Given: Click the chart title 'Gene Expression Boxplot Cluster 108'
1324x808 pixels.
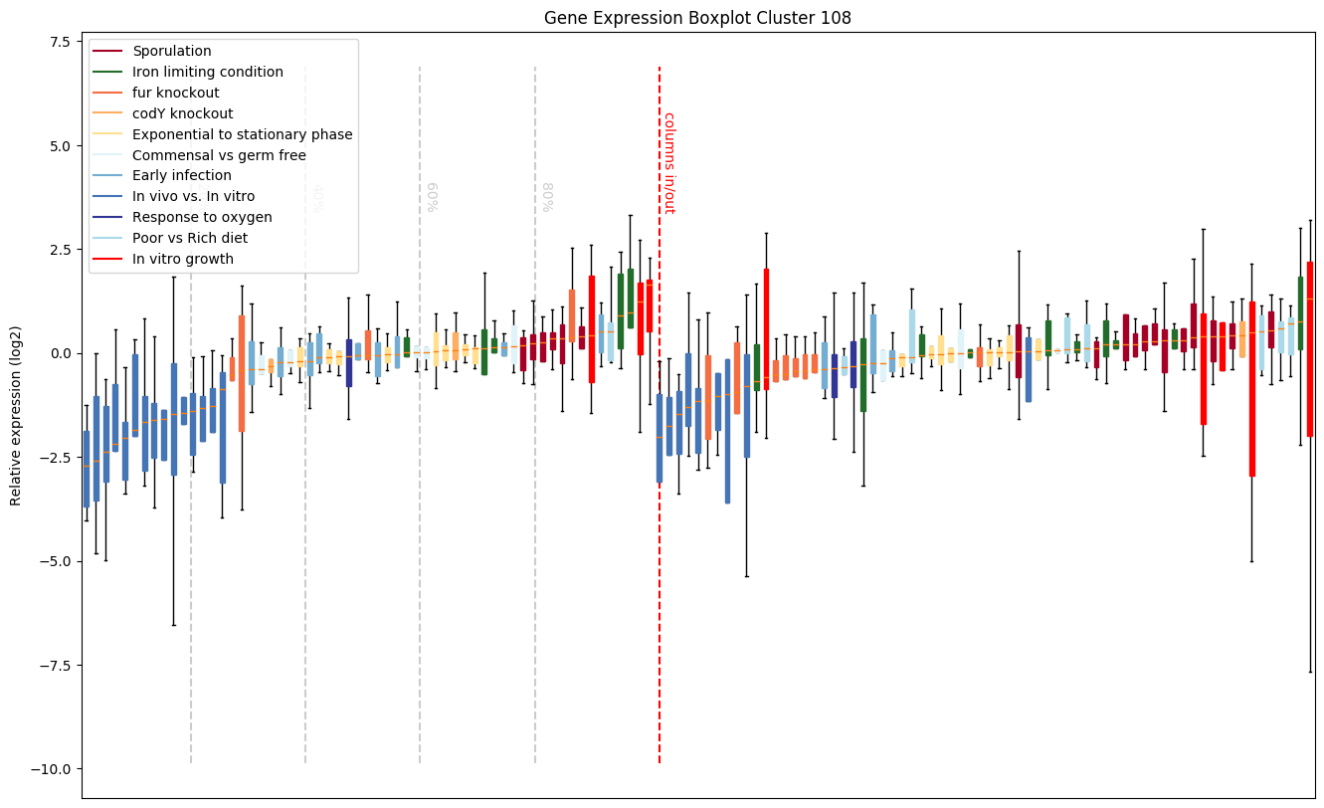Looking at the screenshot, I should tap(697, 18).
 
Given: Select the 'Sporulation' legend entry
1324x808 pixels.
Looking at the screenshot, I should tap(171, 51).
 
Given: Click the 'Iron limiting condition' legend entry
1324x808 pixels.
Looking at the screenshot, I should tap(207, 72).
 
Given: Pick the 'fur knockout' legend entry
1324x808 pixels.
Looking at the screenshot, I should tap(174, 93).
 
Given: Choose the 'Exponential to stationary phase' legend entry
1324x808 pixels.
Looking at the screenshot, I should tap(242, 134).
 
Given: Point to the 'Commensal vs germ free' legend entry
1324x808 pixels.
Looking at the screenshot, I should tap(219, 155).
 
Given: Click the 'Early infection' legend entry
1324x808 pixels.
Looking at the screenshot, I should tap(181, 176).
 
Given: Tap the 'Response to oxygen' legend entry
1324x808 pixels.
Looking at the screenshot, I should tap(202, 217).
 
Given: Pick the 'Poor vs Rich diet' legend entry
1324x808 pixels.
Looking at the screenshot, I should tap(190, 238).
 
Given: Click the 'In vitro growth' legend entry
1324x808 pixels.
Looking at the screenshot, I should tap(183, 259).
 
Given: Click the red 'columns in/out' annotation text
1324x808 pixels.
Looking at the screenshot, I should tap(669, 162).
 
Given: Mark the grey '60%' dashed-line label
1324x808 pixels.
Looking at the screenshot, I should tap(432, 197).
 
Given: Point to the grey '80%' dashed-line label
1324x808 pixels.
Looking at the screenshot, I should tap(547, 197).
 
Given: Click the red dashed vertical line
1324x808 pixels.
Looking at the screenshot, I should tap(660, 498).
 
